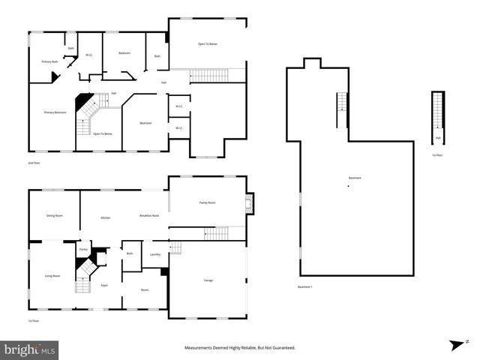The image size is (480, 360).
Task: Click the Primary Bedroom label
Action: pos(55,112)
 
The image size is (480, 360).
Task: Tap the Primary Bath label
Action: pos(49,61)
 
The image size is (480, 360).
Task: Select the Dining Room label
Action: pos(54,216)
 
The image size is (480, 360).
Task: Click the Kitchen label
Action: pos(106,217)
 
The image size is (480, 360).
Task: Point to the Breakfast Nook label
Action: pos(149,216)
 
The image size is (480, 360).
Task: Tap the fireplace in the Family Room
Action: pos(250,202)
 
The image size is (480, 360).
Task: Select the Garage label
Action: pos(208,280)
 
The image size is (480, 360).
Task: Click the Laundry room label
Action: pos(155,254)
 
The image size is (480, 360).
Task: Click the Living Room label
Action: pos(52,276)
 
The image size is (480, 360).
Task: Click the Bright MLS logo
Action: pos(30,349)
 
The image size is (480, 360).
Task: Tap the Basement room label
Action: pos(355,178)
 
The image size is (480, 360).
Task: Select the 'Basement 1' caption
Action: pos(304,286)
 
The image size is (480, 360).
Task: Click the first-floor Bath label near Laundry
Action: pos(130,254)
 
